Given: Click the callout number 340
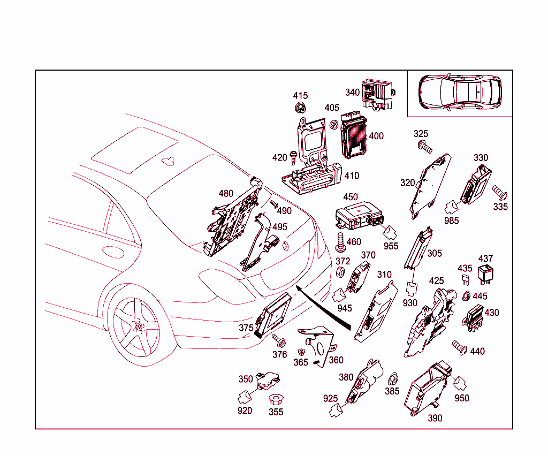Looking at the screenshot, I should tap(352, 93).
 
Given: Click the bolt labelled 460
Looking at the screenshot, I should tap(339, 242).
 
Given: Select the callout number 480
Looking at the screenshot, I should tap(226, 193).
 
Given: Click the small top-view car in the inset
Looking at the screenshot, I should tap(460, 93).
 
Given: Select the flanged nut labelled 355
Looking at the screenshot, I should tap(276, 400).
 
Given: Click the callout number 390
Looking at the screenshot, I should tap(435, 418).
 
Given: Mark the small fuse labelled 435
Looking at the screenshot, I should tap(465, 280).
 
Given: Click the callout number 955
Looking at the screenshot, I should tap(391, 246).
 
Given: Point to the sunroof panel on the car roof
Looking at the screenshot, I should tap(135, 150).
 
